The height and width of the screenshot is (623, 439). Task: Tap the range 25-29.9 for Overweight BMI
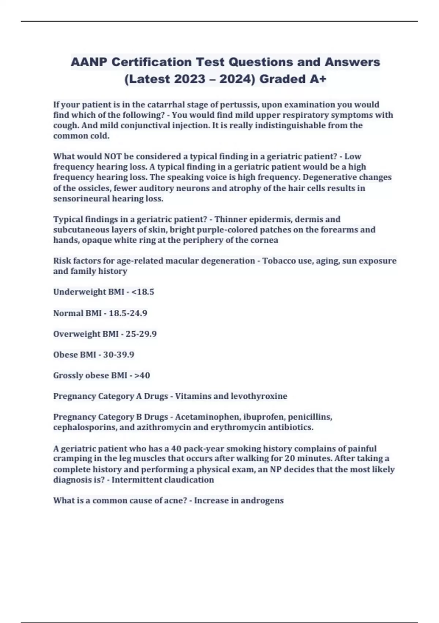(141, 334)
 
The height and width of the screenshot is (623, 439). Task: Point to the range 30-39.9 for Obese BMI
(119, 355)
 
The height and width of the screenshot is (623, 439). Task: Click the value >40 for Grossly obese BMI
(143, 375)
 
